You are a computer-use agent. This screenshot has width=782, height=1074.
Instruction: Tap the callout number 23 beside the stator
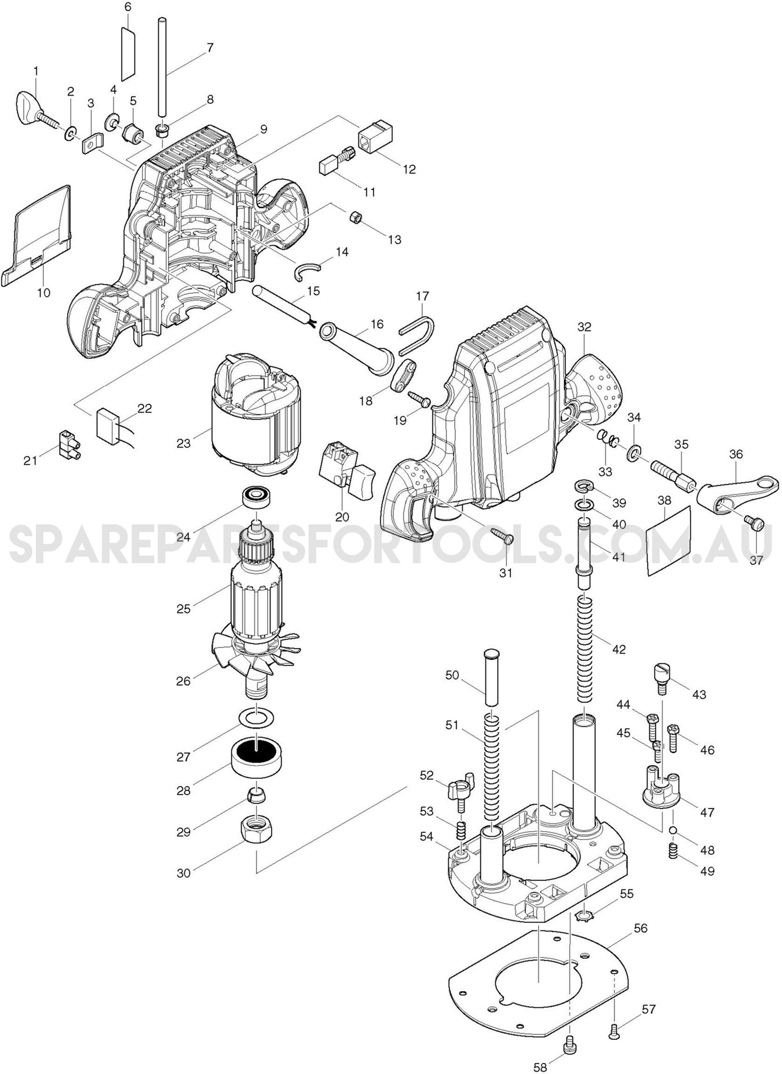point(183,443)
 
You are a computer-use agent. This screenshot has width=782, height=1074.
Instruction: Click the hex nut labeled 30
point(255,833)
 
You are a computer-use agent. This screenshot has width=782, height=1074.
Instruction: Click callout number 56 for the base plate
point(640,928)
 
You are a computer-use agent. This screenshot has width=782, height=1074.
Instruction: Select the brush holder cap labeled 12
point(377,137)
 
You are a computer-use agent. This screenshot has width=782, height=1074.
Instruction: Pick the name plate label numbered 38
point(669,540)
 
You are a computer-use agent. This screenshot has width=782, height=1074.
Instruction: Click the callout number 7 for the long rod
point(210,48)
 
